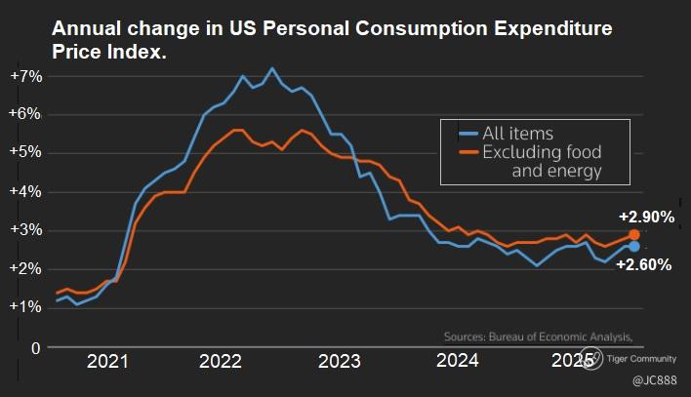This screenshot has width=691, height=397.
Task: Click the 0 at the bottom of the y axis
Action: pyautogui.click(x=34, y=346)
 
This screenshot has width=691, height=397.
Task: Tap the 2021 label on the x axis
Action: pyautogui.click(x=107, y=363)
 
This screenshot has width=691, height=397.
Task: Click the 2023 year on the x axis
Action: pyautogui.click(x=339, y=363)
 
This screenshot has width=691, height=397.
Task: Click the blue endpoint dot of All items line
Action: pyautogui.click(x=634, y=247)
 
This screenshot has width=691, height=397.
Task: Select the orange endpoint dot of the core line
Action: pyautogui.click(x=634, y=235)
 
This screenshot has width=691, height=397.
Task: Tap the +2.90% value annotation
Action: pyautogui.click(x=646, y=218)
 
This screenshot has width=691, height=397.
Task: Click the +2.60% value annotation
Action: pyautogui.click(x=644, y=263)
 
